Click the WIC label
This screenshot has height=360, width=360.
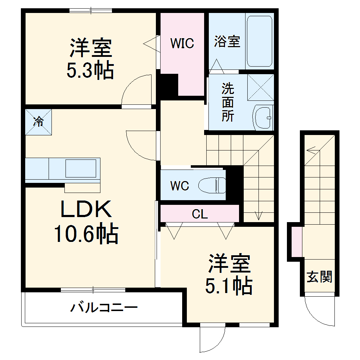(182, 43)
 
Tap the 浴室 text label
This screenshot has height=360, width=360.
(227, 41)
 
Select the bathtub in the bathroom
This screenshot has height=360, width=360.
(259, 41)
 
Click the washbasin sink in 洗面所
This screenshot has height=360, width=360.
(263, 117)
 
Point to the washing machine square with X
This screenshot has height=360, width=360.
(260, 87)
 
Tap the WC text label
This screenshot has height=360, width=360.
(179, 186)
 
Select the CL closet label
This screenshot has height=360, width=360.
(200, 215)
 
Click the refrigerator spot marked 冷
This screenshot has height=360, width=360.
(39, 122)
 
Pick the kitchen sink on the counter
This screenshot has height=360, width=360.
(81, 168)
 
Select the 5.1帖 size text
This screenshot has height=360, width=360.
(228, 286)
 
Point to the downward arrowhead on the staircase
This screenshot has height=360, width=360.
(258, 216)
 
